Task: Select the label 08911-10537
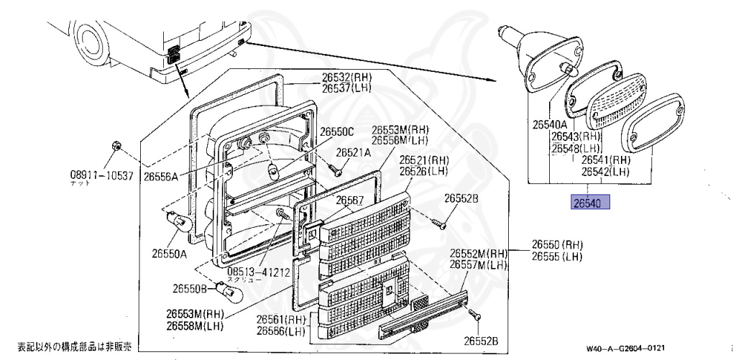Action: [102, 175]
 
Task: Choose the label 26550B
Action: [190, 289]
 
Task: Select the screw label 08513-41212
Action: [258, 272]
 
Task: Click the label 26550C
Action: [337, 131]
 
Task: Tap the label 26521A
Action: [354, 153]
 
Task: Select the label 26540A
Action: [551, 124]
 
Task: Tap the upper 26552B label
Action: [461, 198]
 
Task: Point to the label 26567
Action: [351, 200]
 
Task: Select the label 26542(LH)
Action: [605, 172]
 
